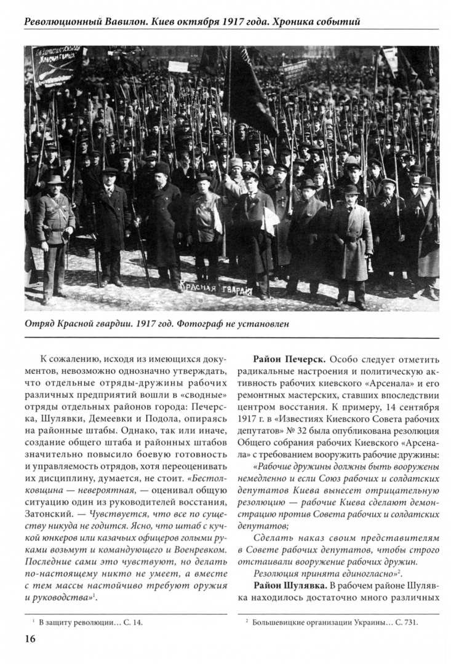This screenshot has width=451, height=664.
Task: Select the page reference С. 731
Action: tap(404, 622)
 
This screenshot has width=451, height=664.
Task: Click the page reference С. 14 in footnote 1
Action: tap(130, 622)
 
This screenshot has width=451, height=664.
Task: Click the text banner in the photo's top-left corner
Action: tap(58, 64)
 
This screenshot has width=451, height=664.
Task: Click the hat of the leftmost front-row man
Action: tap(55, 180)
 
